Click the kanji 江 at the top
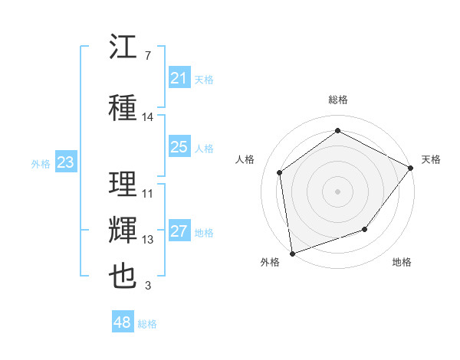tap(123, 46)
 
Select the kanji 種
tap(123, 107)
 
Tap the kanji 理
tap(123, 184)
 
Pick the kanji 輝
tap(123, 230)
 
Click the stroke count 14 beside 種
tap(147, 117)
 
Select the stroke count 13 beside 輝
tap(147, 240)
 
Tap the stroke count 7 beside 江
tap(148, 56)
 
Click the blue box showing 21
tap(179, 77)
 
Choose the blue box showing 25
tap(179, 146)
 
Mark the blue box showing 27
tap(179, 230)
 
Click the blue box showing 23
tap(66, 162)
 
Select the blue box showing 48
tap(123, 321)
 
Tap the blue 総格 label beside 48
tap(147, 324)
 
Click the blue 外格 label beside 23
tap(41, 164)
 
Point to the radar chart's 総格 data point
tap(337, 130)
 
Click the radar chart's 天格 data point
tap(410, 168)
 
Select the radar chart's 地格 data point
tap(365, 229)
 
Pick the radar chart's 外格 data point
tap(293, 254)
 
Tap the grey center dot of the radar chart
tap(337, 191)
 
